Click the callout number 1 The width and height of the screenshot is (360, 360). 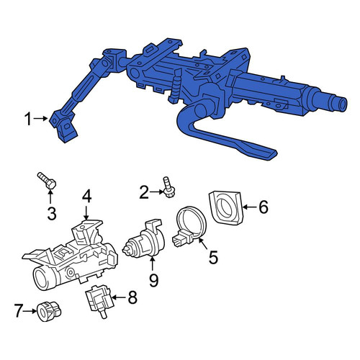click(28, 120)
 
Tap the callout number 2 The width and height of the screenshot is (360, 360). click(144, 192)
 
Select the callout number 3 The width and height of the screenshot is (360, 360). click(51, 213)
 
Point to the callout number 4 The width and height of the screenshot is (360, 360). click(86, 197)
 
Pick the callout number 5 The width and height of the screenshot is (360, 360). click(213, 257)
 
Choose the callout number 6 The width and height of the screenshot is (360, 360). click(264, 207)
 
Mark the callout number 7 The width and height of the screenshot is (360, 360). click(19, 311)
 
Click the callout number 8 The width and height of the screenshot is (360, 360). click(132, 297)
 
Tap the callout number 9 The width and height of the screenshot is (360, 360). click(153, 280)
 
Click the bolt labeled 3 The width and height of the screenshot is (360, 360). click(47, 181)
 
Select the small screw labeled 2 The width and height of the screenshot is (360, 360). click(168, 187)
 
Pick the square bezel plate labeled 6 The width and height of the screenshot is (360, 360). click(226, 207)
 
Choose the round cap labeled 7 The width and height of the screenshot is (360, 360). click(49, 311)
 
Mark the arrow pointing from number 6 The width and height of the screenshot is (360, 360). click(251, 207)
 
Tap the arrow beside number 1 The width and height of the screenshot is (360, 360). click(41, 118)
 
